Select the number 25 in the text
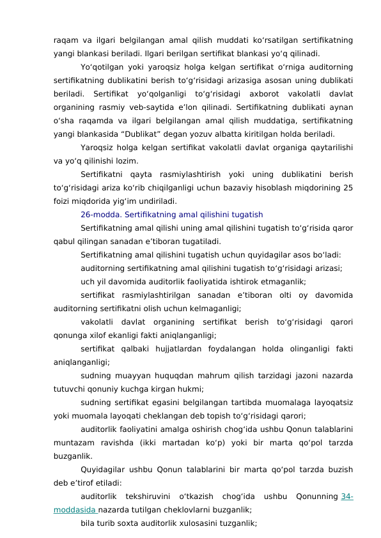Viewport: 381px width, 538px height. [x=348, y=188]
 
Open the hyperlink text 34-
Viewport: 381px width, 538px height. [x=348, y=496]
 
